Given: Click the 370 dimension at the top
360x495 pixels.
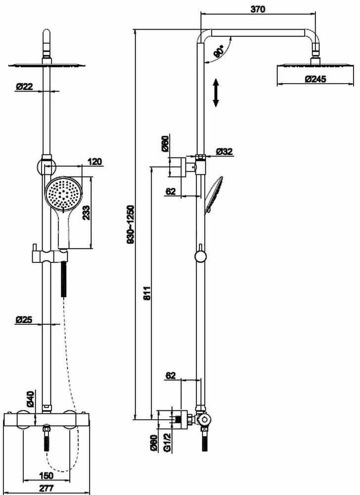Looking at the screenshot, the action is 258,9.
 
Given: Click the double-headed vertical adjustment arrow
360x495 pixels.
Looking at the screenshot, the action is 216,92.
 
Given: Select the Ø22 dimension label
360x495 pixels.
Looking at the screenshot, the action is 24,86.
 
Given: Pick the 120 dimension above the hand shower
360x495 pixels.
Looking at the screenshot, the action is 94,161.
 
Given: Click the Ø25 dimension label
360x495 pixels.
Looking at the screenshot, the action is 24,320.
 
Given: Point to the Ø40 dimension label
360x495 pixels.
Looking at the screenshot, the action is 30,399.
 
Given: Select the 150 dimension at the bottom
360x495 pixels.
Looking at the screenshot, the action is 46,476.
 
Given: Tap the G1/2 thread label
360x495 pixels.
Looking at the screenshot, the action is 167,442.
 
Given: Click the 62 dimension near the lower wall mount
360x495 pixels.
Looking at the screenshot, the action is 171,376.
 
